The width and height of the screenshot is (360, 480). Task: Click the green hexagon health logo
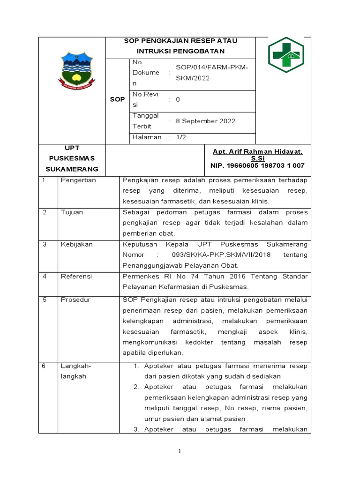click(x=286, y=55)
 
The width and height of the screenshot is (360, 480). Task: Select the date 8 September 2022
click(x=205, y=121)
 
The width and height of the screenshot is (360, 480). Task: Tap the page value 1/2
click(x=180, y=137)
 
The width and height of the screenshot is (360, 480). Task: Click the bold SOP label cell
click(x=117, y=99)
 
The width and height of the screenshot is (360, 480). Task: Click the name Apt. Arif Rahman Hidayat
click(x=257, y=152)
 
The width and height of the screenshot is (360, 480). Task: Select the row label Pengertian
click(x=78, y=180)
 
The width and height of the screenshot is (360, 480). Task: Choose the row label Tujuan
click(x=72, y=212)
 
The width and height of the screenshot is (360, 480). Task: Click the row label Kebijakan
click(x=77, y=244)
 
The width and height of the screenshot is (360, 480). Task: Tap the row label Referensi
click(x=77, y=277)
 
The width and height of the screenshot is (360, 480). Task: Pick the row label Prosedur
click(x=75, y=300)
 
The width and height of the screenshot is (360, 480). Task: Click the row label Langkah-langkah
click(x=75, y=371)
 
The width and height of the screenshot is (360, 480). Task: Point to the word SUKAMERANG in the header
click(x=72, y=169)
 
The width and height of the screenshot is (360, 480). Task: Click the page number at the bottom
click(x=179, y=451)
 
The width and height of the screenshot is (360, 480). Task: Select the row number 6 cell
click(x=44, y=366)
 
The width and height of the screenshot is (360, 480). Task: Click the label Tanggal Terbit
click(x=146, y=121)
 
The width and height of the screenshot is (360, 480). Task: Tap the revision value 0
click(x=178, y=99)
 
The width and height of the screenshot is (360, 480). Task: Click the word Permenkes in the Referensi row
click(x=138, y=277)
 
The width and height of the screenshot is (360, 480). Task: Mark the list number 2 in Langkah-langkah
click(x=136, y=387)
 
